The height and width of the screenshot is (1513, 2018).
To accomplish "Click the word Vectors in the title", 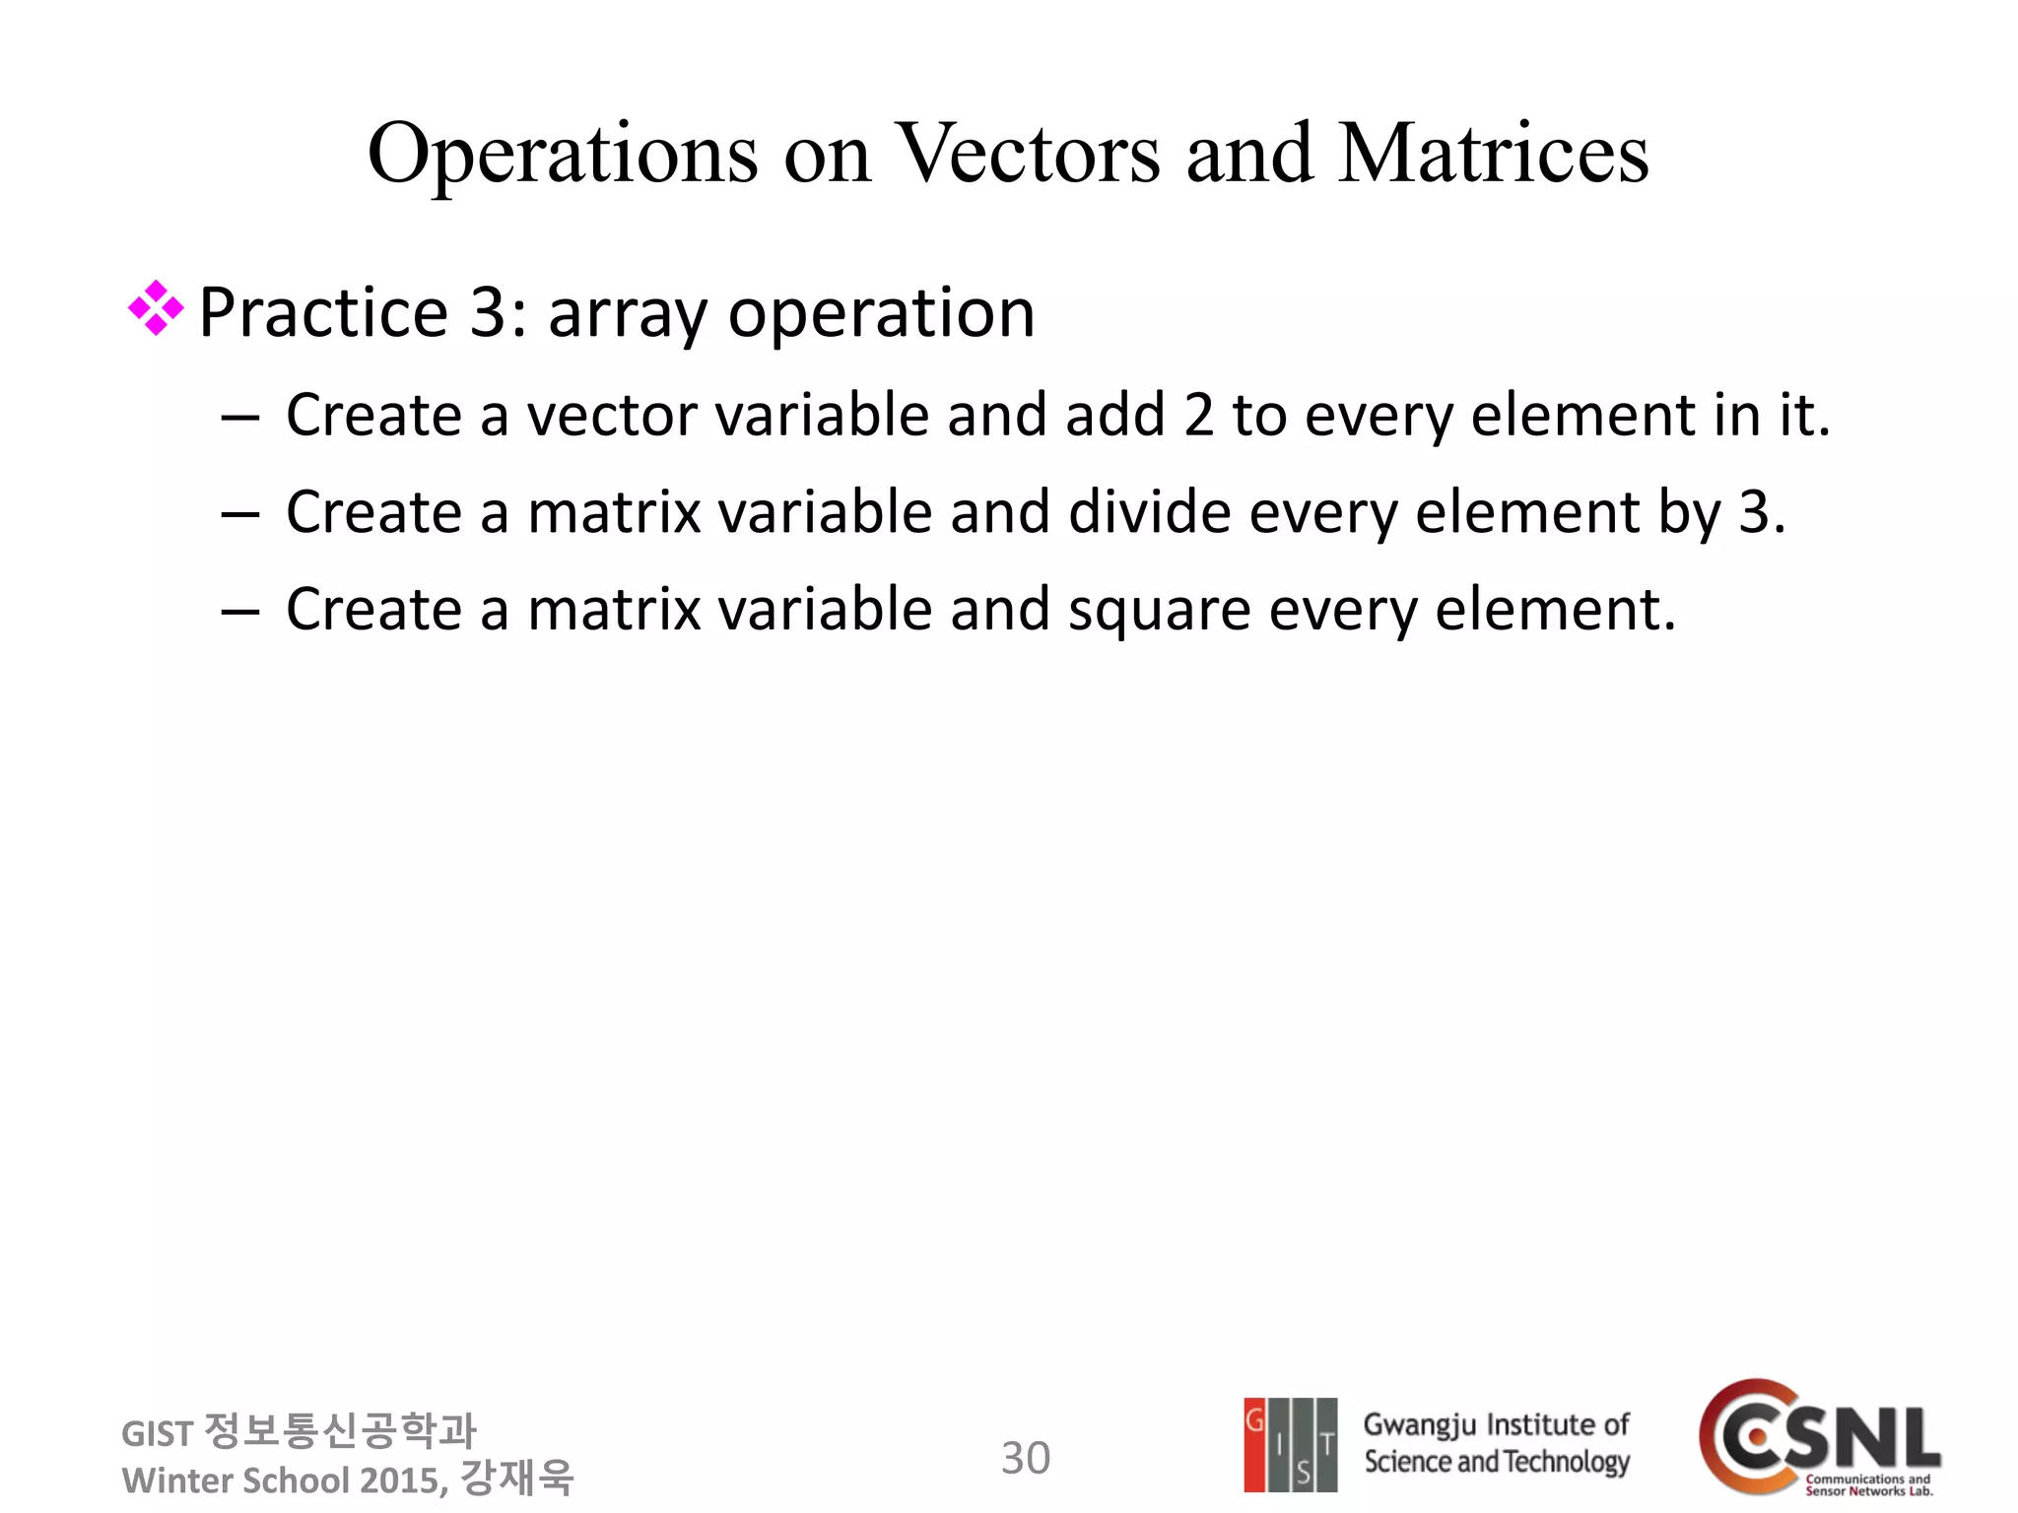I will pyautogui.click(x=1029, y=154).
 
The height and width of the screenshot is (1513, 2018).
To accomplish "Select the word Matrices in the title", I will pyautogui.click(x=1492, y=154).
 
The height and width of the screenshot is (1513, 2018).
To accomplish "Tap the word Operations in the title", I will pyautogui.click(x=563, y=156).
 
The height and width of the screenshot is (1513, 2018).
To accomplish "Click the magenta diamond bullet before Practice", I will pyautogui.click(x=156, y=308).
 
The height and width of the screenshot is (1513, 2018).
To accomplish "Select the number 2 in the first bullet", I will pyautogui.click(x=1198, y=415).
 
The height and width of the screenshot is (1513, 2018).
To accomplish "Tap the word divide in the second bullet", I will pyautogui.click(x=1149, y=512).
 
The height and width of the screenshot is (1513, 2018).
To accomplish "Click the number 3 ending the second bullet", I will pyautogui.click(x=1754, y=512).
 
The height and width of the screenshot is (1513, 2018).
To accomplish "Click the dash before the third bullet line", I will pyautogui.click(x=239, y=612).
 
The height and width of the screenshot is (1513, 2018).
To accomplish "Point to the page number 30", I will pyautogui.click(x=1025, y=1458).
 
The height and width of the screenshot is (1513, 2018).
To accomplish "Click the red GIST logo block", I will pyautogui.click(x=1254, y=1444).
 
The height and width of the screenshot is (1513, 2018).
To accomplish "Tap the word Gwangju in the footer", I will pyautogui.click(x=1419, y=1424).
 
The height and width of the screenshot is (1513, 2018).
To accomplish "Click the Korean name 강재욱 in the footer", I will pyautogui.click(x=516, y=1478).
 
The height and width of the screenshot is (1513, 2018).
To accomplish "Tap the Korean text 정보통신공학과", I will pyautogui.click(x=339, y=1430).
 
